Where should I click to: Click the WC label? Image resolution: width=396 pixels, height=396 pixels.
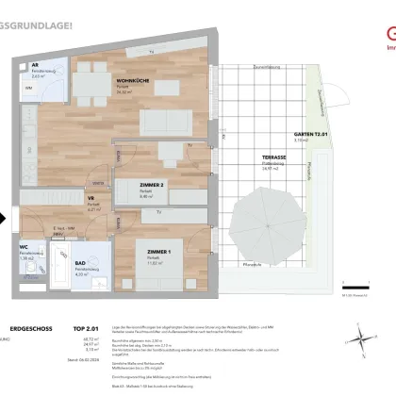[x=24, y=250]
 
